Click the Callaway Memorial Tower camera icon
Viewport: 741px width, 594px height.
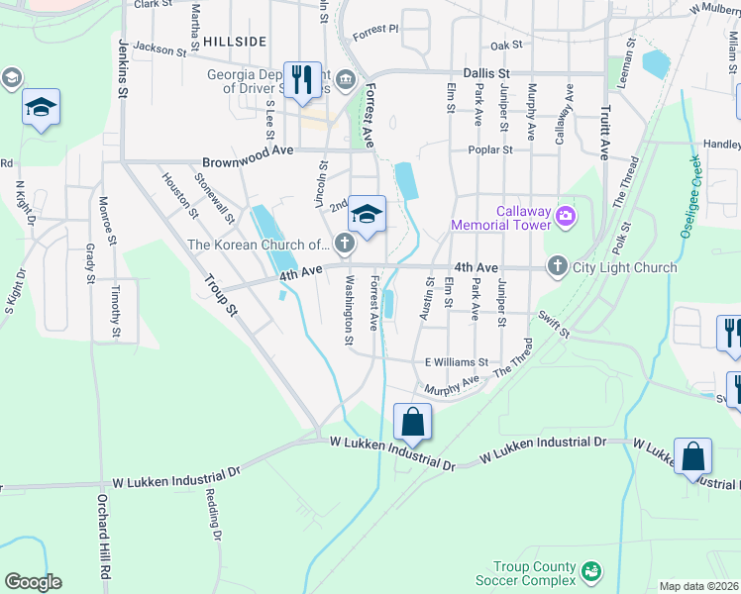566,215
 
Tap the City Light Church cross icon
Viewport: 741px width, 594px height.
558,266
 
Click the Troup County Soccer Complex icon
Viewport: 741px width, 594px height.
591,571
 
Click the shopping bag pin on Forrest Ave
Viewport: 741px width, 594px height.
412,423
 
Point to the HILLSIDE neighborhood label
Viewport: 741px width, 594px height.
235,41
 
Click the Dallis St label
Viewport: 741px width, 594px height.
486,73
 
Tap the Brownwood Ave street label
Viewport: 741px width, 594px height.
248,161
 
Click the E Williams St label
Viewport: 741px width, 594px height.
457,362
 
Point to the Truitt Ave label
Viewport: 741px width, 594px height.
602,133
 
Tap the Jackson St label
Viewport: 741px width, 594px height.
159,47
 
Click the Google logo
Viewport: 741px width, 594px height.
33,581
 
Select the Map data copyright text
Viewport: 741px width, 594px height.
699,586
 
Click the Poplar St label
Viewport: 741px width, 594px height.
490,150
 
